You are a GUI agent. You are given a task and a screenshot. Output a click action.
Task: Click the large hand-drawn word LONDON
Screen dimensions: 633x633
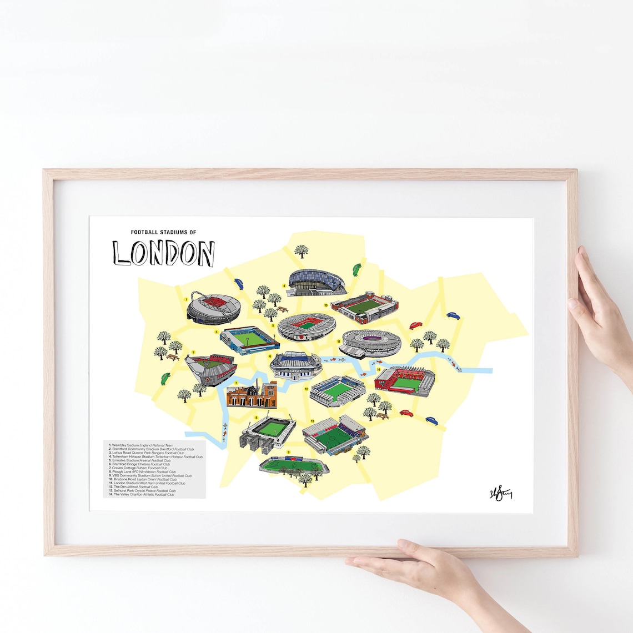point(163,253)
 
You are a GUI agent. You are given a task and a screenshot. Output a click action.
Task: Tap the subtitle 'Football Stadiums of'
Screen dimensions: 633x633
point(163,232)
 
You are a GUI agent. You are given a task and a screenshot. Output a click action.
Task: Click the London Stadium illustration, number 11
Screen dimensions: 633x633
point(371,344)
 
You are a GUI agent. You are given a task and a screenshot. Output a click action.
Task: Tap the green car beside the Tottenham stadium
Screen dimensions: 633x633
point(355,270)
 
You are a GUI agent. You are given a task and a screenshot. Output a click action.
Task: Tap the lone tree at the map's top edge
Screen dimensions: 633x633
point(302,252)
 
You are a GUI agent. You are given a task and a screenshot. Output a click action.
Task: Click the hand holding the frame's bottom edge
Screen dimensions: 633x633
point(422,566)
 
